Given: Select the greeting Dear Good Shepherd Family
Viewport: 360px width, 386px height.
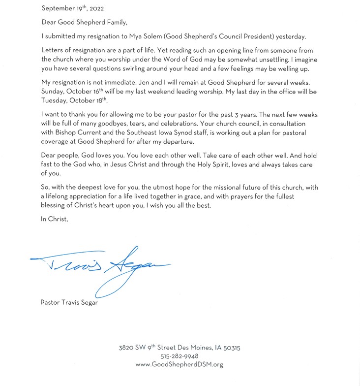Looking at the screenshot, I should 84,22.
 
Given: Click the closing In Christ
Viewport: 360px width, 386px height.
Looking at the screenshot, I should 54,220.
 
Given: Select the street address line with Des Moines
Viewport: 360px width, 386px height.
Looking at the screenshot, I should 180,348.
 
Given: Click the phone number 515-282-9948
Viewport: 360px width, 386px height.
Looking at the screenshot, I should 180,356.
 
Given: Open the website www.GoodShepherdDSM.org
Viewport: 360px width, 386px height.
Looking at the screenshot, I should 180,364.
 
